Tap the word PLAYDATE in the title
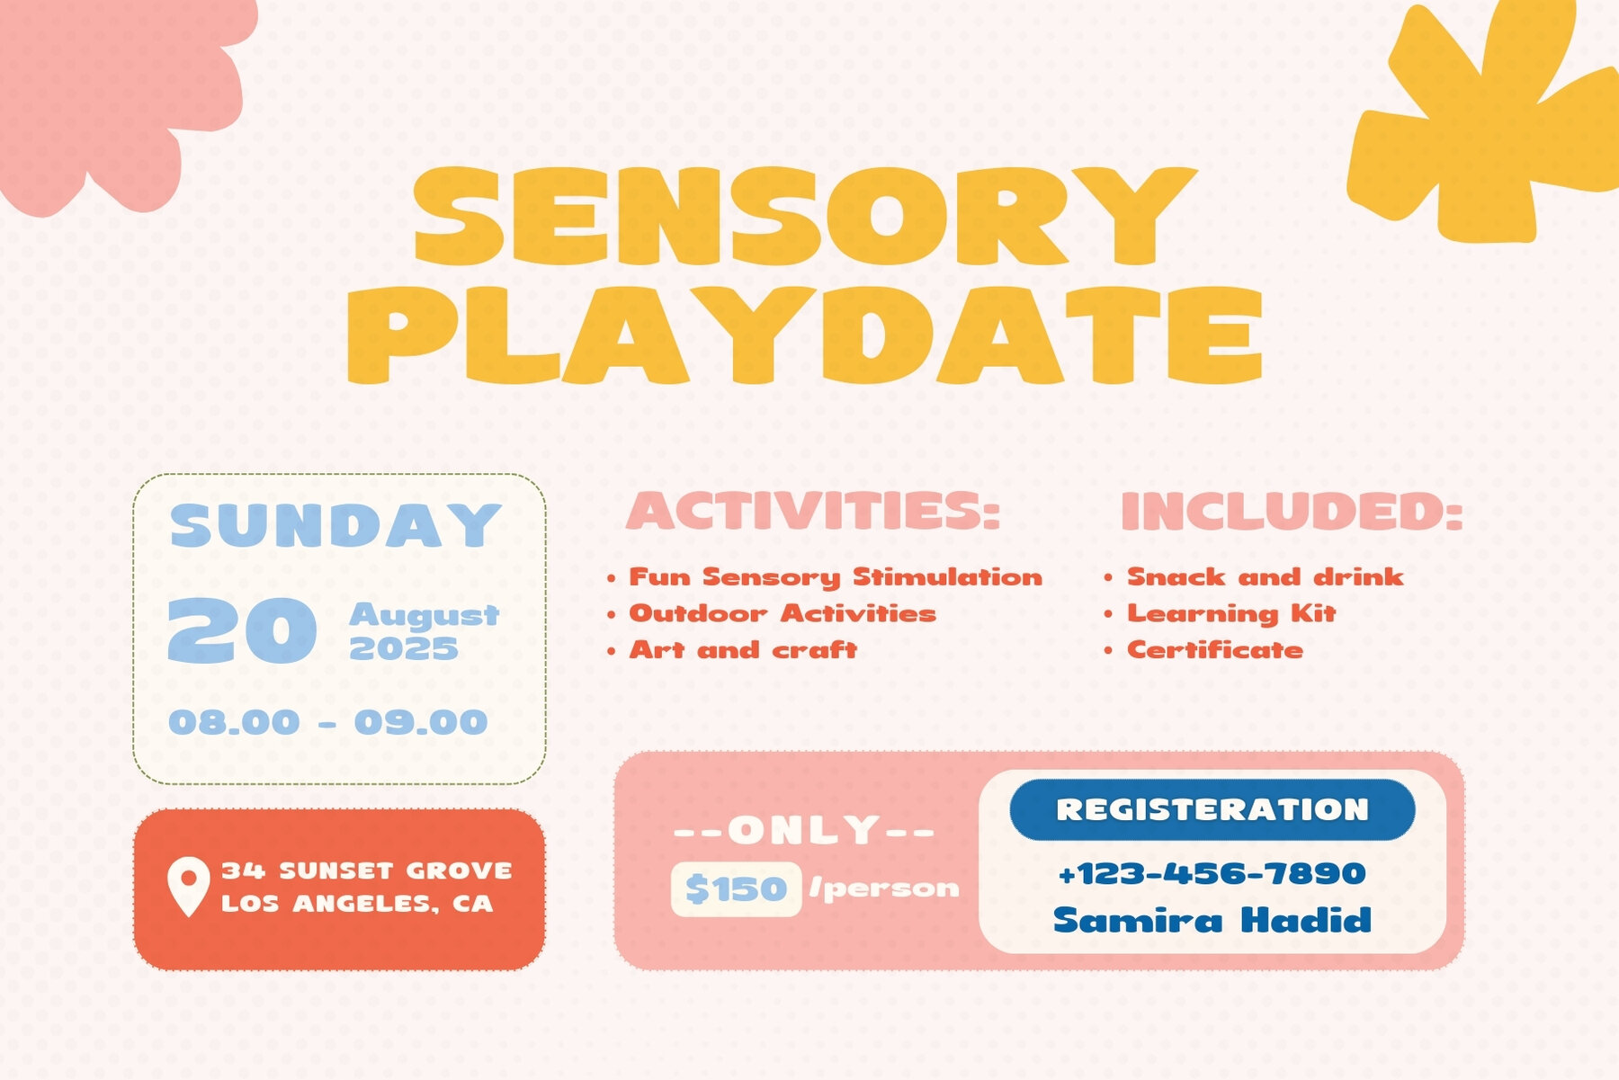click(806, 335)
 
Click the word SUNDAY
click(335, 526)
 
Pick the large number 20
click(242, 631)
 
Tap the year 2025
click(404, 648)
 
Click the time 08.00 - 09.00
click(328, 722)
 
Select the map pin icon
click(188, 887)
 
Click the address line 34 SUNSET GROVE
click(367, 870)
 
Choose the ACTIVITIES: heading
click(813, 511)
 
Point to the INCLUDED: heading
click(1292, 511)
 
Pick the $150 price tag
click(736, 889)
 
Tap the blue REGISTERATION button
click(1212, 809)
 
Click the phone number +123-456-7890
click(1212, 873)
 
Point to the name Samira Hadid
click(1212, 920)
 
